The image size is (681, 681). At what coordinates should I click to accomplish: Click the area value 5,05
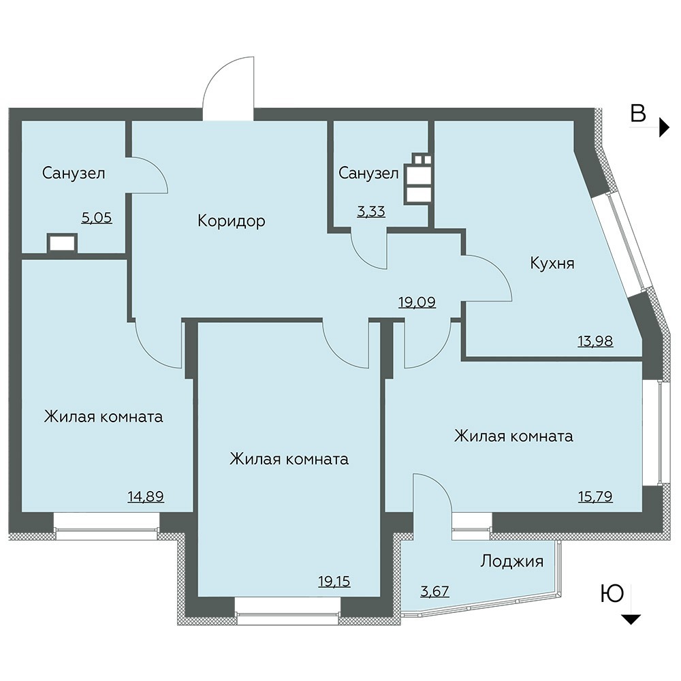pyautogui.click(x=97, y=218)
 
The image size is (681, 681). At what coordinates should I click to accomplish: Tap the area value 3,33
pyautogui.click(x=371, y=212)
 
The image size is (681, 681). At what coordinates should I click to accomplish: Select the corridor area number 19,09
pyautogui.click(x=417, y=302)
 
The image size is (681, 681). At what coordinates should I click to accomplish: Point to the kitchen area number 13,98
pyautogui.click(x=595, y=341)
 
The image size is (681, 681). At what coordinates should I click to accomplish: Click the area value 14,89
pyautogui.click(x=146, y=496)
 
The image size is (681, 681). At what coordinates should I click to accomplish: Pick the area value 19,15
pyautogui.click(x=334, y=581)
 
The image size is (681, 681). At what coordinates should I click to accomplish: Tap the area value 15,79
pyautogui.click(x=595, y=496)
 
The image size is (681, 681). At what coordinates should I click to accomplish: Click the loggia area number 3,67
pyautogui.click(x=434, y=591)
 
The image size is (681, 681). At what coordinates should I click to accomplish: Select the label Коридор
pyautogui.click(x=232, y=221)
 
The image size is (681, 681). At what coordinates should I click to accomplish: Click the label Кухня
pyautogui.click(x=552, y=263)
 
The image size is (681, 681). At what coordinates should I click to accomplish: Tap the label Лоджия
pyautogui.click(x=511, y=561)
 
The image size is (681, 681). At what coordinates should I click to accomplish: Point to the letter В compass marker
pyautogui.click(x=638, y=114)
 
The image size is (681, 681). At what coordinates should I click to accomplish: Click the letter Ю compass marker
pyautogui.click(x=612, y=594)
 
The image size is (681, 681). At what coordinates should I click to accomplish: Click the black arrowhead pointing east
pyautogui.click(x=665, y=127)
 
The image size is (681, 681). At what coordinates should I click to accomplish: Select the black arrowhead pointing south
pyautogui.click(x=632, y=619)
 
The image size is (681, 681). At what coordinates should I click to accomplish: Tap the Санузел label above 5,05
pyautogui.click(x=74, y=173)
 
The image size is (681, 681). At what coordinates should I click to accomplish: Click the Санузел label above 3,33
pyautogui.click(x=368, y=173)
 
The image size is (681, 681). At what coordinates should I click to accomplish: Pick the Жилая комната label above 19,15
pyautogui.click(x=289, y=459)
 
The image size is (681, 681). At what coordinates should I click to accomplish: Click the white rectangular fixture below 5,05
pyautogui.click(x=63, y=243)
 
